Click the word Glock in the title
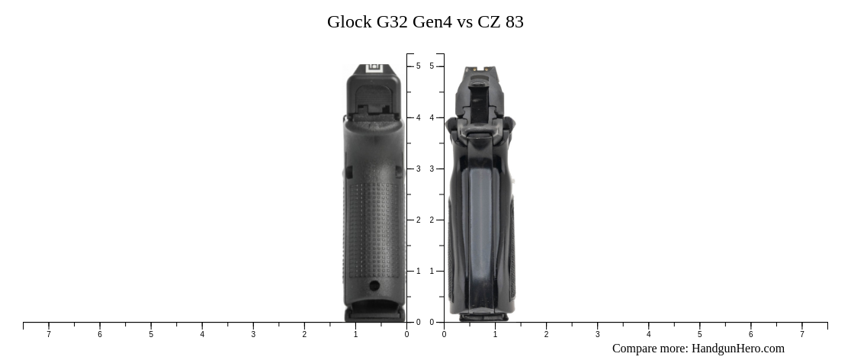click(349, 22)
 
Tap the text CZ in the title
click(489, 22)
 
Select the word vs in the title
click(464, 22)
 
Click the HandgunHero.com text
click(737, 349)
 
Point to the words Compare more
click(650, 349)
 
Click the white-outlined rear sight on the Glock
click(374, 68)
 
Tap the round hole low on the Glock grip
click(374, 286)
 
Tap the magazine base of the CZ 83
click(483, 316)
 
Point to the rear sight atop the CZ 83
click(480, 70)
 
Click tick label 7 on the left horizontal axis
click(49, 334)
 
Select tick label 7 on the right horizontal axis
click(801, 334)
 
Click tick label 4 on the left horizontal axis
click(202, 334)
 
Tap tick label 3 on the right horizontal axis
click(597, 334)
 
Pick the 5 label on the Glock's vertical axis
click(418, 66)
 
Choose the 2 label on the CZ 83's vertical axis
click(432, 220)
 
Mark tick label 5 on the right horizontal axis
click(699, 334)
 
